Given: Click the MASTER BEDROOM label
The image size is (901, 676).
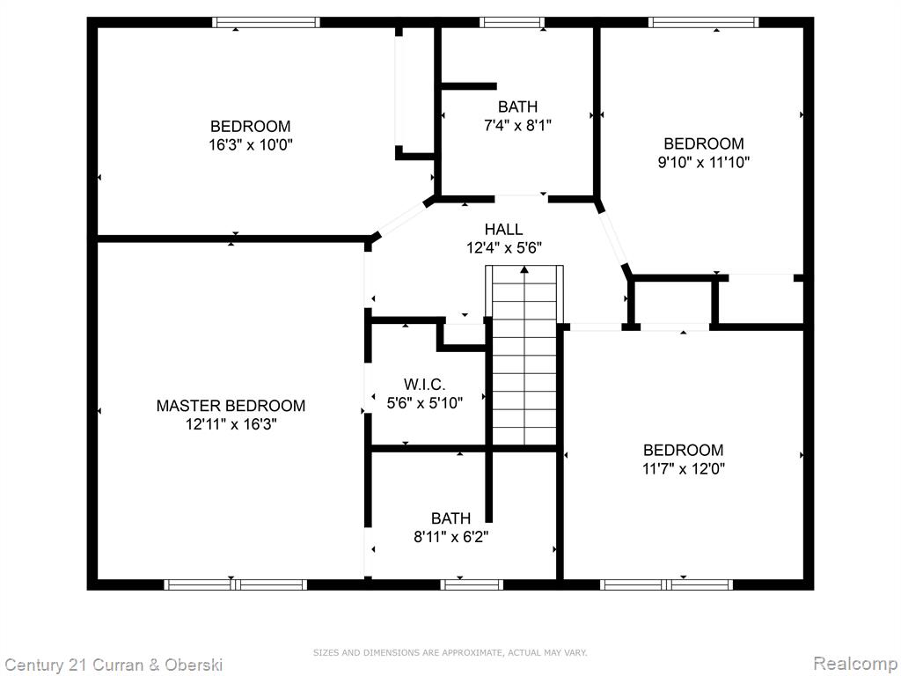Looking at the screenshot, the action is point(231,406).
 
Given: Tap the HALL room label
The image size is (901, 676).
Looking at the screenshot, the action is point(503,230).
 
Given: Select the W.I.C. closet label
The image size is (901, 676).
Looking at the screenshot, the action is point(424,384).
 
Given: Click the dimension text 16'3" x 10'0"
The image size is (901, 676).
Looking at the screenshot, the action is point(251,144).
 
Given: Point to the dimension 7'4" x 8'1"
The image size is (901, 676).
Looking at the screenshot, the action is point(517,125).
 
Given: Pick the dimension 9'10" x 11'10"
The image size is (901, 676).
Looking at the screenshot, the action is point(704,162).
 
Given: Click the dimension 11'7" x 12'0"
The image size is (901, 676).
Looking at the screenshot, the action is point(683,468).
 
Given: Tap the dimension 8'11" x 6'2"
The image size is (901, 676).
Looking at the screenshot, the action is point(451,537).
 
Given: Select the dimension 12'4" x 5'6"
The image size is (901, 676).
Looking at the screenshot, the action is point(504,247).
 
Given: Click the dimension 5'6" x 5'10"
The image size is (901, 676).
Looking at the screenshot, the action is point(425,403).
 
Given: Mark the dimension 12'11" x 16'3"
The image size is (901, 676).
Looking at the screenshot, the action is point(231,424).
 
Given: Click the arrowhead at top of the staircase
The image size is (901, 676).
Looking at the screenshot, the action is point(524,269).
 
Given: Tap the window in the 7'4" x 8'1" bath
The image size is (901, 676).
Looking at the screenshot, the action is point(512,22).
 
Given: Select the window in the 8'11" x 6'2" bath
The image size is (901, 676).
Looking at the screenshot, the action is point(472,584).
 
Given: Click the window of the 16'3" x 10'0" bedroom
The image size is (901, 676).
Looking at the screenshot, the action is point(266,22).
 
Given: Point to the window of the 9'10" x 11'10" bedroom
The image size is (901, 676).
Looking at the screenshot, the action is point(704,22).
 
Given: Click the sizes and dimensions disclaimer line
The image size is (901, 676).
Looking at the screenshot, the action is point(450,652).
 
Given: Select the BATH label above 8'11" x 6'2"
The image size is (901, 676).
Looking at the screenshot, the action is point(451,518).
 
